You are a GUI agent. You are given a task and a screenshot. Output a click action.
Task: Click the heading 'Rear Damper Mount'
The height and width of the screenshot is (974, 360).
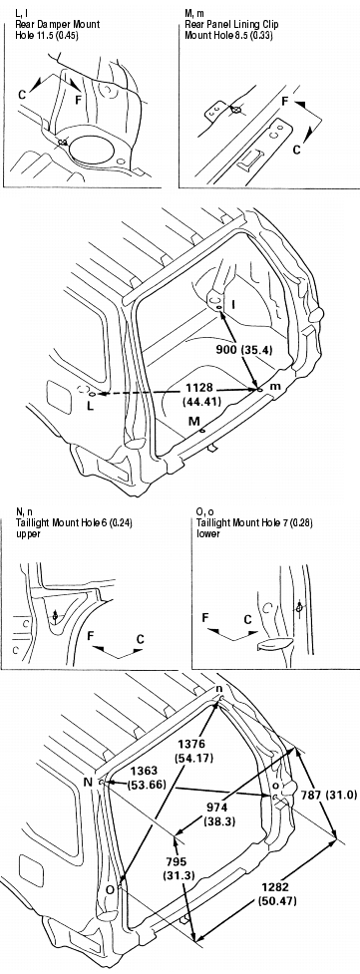tap(58, 25)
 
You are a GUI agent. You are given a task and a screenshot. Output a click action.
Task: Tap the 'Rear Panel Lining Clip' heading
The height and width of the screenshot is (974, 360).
tap(231, 25)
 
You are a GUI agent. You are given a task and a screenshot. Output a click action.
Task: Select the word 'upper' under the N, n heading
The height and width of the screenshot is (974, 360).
tap(28, 533)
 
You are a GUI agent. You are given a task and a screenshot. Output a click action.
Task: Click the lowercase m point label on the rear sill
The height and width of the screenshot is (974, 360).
tap(275, 387)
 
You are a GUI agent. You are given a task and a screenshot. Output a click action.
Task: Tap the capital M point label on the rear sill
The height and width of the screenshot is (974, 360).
tap(194, 422)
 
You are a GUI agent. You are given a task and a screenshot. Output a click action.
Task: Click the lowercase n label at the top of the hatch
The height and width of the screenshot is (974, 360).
tap(218, 689)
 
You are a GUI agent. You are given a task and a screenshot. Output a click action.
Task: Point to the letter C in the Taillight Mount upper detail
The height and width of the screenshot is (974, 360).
tap(141, 639)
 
